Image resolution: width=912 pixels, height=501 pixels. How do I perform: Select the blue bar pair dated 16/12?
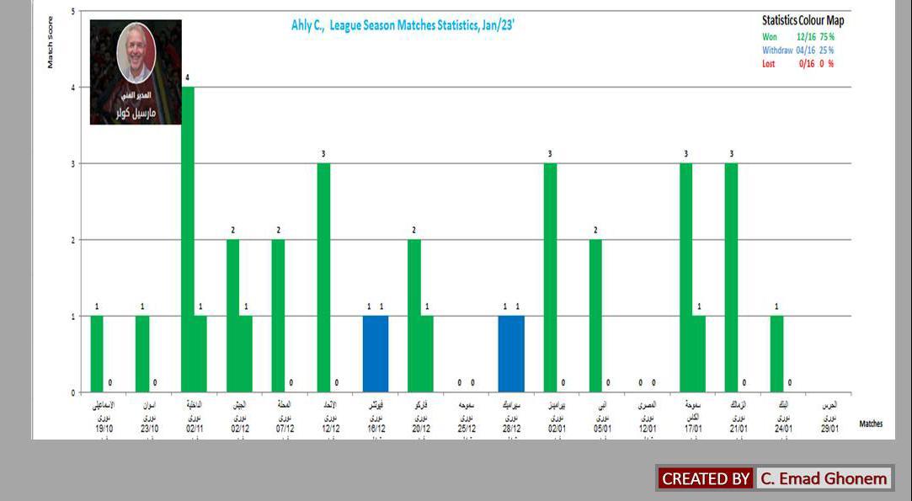(376, 354)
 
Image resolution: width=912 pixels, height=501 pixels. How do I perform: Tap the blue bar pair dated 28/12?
(511, 354)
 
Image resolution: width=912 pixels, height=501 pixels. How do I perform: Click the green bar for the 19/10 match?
(97, 354)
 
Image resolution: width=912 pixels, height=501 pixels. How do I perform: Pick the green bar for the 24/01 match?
(776, 354)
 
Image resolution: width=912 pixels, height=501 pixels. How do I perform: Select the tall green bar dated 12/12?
(323, 278)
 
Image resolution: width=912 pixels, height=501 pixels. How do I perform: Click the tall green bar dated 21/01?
(731, 278)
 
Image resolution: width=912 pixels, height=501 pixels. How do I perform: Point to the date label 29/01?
(829, 428)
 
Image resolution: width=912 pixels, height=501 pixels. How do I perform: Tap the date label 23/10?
(149, 428)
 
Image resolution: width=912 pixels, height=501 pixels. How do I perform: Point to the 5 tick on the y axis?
(72, 12)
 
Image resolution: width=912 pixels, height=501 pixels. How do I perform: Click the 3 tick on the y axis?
(72, 164)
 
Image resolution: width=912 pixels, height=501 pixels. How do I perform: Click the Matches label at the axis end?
(871, 424)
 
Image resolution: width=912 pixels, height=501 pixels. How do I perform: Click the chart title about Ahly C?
(403, 25)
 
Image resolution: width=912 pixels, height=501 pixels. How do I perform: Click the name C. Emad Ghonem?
(824, 479)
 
